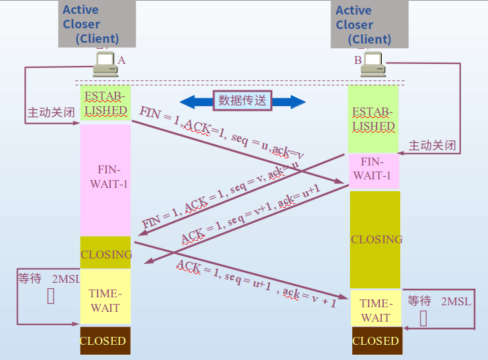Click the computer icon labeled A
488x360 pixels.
[x=105, y=64]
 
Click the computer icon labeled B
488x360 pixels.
[x=373, y=63]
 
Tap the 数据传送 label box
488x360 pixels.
[x=243, y=100]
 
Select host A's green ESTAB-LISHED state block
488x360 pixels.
[x=106, y=103]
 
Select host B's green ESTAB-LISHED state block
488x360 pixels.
[x=373, y=119]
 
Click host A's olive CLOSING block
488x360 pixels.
[x=106, y=254]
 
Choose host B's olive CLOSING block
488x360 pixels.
[x=375, y=239]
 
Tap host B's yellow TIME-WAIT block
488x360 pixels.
[x=375, y=311]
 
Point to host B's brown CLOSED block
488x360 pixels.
[x=375, y=341]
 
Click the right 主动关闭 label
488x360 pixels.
[x=433, y=145]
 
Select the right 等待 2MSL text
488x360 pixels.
[x=439, y=301]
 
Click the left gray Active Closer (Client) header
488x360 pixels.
[x=96, y=24]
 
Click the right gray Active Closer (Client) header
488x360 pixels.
[x=369, y=24]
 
